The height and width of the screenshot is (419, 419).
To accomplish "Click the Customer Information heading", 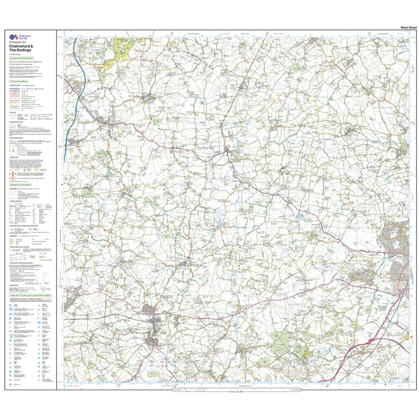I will point(23,59).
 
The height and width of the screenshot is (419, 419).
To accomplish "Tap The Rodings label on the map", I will point(205,148).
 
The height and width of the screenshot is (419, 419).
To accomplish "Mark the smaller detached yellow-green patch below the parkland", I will point(108,65).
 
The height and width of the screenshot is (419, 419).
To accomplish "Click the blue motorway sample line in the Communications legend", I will point(14,88).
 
